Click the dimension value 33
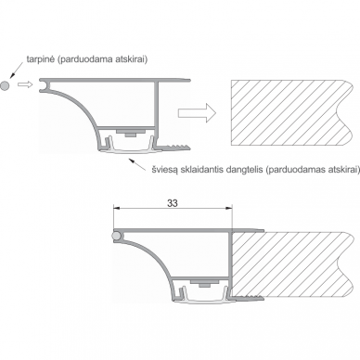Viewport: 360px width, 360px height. pyautogui.click(x=173, y=203)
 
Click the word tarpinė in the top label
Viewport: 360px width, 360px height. pyautogui.click(x=41, y=59)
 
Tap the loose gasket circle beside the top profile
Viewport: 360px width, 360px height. pyautogui.click(x=5, y=85)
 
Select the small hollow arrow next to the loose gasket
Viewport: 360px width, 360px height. pyautogui.click(x=25, y=84)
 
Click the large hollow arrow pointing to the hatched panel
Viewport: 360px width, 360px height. pyautogui.click(x=197, y=112)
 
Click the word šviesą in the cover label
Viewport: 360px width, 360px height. pyautogui.click(x=162, y=170)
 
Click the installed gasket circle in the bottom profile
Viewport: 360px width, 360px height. pyautogui.click(x=116, y=236)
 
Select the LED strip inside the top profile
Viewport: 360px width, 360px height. pyautogui.click(x=131, y=133)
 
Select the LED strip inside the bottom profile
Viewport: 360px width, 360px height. pyautogui.click(x=205, y=283)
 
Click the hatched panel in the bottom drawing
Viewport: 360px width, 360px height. pyautogui.click(x=292, y=264)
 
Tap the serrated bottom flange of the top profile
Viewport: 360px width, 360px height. pyautogui.click(x=174, y=148)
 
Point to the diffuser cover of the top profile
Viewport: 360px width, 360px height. pyautogui.click(x=129, y=150)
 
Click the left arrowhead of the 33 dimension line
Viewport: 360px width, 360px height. pyautogui.click(x=117, y=208)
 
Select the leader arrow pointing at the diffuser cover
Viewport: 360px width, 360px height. pyautogui.click(x=137, y=164)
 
